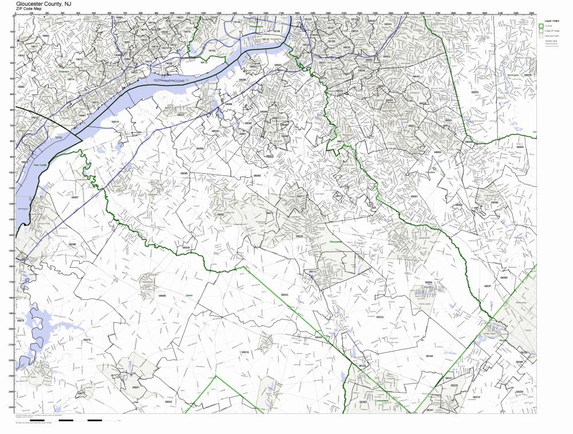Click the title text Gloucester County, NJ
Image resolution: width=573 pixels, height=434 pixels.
(44, 3)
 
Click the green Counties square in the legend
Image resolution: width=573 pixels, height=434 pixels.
(540, 26)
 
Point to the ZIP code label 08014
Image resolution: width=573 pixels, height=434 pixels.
(115, 122)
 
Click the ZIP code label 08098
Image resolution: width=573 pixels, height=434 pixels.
(162, 296)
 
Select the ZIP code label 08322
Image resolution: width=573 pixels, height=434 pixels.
(379, 317)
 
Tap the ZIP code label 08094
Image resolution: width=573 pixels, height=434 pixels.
(428, 283)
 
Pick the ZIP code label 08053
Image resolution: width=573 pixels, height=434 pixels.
(474, 92)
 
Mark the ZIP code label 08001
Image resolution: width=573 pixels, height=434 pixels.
(136, 388)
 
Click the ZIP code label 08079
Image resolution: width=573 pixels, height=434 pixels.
(87, 340)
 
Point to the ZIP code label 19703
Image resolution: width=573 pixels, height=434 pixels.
(58, 138)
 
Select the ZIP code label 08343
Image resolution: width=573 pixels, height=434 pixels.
(285, 295)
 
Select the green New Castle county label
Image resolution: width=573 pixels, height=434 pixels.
(40, 165)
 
